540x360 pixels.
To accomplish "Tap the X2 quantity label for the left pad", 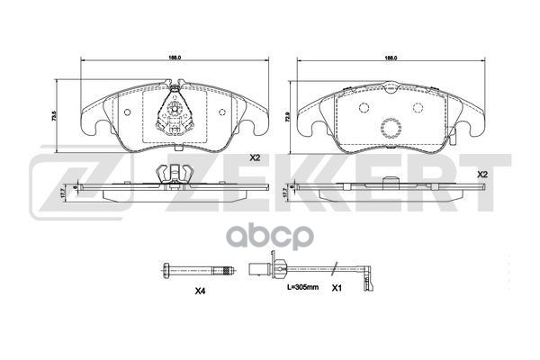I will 254,157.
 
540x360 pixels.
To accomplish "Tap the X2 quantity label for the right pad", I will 482,173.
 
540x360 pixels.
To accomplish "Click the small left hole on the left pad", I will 127,113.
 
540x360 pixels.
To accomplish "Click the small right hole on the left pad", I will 222,113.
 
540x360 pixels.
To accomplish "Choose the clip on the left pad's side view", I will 171,175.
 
